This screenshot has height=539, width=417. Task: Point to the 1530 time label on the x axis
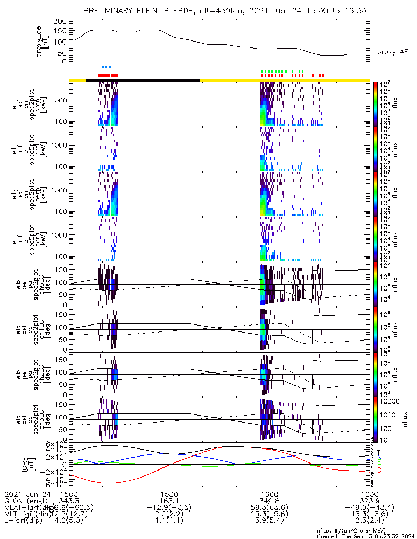click(169, 494)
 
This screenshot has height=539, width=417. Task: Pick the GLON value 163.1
click(169, 501)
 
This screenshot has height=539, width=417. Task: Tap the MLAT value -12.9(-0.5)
click(169, 508)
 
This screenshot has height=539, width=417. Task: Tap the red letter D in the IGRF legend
click(379, 471)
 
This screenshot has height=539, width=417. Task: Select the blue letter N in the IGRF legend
click(379, 457)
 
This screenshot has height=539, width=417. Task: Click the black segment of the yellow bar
click(143, 80)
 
